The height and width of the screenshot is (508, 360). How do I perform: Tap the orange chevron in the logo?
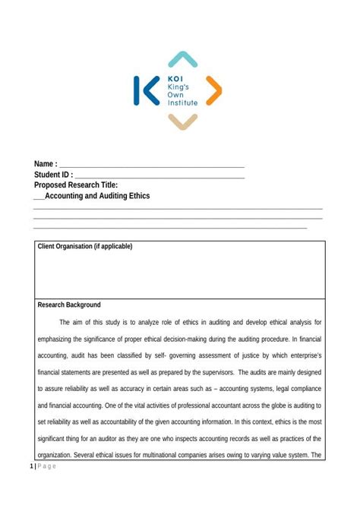click(x=214, y=90)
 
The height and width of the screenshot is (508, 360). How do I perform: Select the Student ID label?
click(x=53, y=175)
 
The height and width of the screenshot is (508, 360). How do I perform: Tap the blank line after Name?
click(x=152, y=166)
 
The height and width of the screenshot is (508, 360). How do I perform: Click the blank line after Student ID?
click(x=159, y=176)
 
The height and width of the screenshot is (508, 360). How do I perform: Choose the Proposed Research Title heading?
click(x=75, y=185)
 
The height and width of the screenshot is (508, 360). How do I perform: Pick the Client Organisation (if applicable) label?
click(x=85, y=246)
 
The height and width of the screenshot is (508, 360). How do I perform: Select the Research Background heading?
click(x=69, y=304)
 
